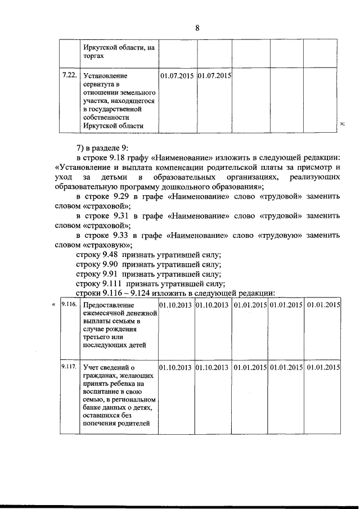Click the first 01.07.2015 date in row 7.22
click(x=177, y=75)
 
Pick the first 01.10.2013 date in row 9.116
click(x=176, y=305)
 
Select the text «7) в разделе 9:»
click(x=102, y=147)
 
